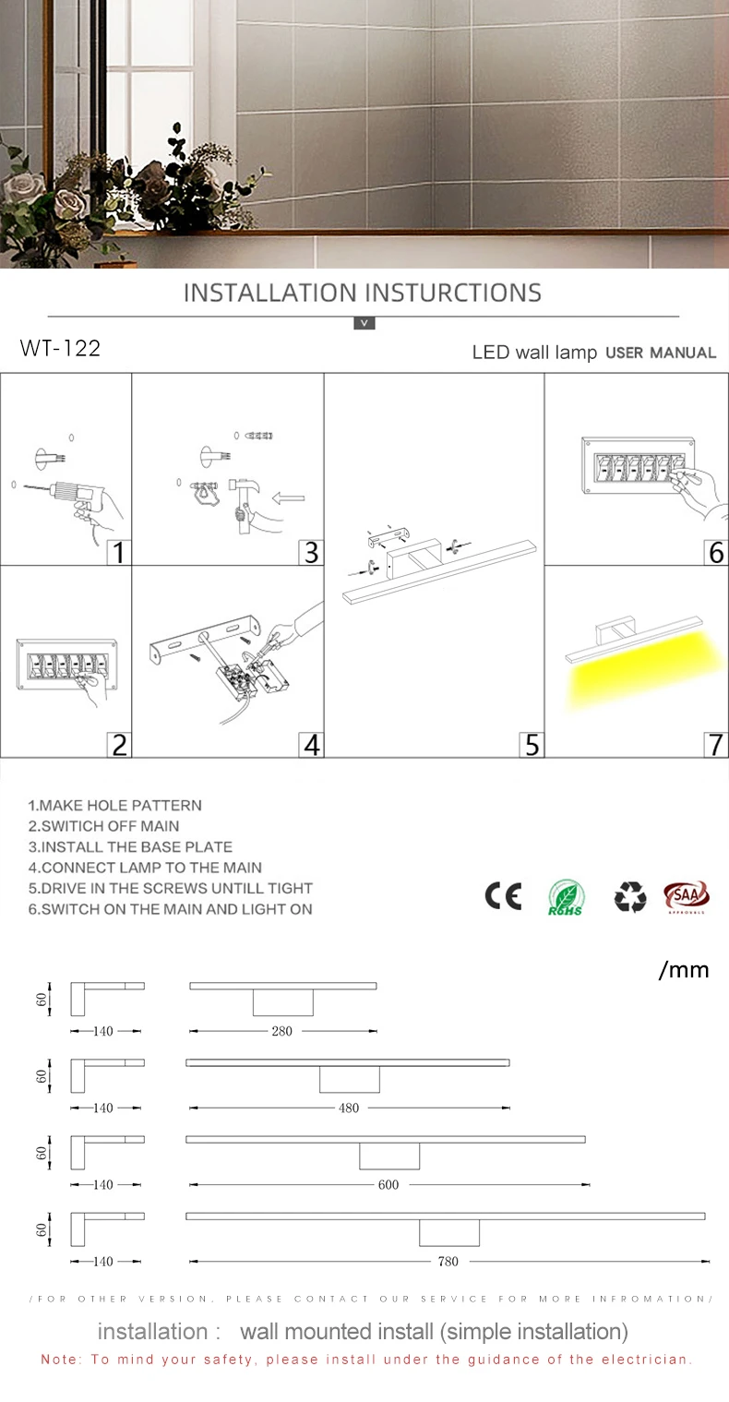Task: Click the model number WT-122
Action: [x=60, y=348]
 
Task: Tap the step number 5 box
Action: [x=531, y=744]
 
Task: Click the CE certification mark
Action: [x=503, y=896]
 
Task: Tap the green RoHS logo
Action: [x=566, y=897]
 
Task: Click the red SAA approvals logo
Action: [x=687, y=896]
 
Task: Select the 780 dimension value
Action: [x=448, y=1262]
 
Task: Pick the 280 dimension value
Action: [x=281, y=1031]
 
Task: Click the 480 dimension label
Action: [x=349, y=1108]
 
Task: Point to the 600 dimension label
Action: [x=388, y=1184]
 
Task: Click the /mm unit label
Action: [x=684, y=970]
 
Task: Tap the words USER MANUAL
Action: [x=660, y=353]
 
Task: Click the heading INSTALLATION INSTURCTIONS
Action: [x=363, y=293]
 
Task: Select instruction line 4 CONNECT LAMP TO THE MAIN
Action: [x=145, y=868]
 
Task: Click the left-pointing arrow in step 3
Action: [x=289, y=498]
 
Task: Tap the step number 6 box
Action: [x=715, y=552]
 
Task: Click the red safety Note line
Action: [x=366, y=1360]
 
